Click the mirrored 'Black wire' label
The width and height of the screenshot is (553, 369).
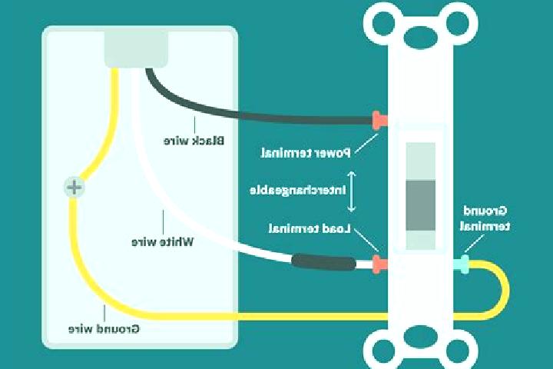coord(194,141)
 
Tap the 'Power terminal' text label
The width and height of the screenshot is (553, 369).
coord(306,153)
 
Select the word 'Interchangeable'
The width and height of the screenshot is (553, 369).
coord(298,191)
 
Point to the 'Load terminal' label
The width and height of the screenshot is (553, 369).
coord(310,229)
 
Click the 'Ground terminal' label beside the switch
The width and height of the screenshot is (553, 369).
coord(485,218)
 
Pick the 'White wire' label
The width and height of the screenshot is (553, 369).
coord(163,242)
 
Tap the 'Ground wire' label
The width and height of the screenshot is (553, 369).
coord(104,329)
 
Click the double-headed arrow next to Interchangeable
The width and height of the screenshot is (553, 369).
coord(351,191)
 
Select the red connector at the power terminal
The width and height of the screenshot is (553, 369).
coord(380,121)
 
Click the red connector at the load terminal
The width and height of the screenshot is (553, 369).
coord(380,264)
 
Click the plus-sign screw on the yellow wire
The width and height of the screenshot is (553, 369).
coord(74,187)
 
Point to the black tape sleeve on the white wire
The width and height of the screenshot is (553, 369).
coord(323,262)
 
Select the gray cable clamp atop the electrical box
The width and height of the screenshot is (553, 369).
coord(136,49)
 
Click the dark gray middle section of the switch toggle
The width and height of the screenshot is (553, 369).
coord(420,205)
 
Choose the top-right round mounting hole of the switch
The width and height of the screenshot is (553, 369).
coord(458,24)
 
